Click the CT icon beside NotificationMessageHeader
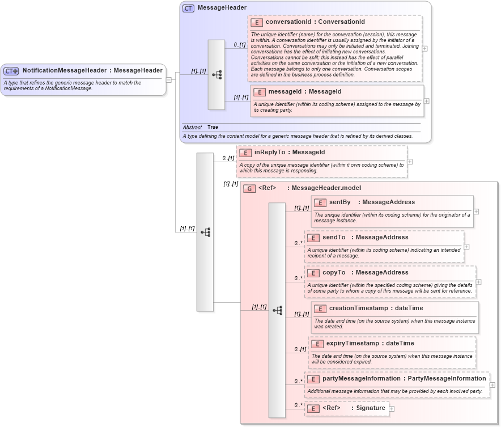coord(11,71)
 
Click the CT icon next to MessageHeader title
coord(188,9)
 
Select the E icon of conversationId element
coord(257,22)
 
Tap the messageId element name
coord(288,91)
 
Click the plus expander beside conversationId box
coord(425,48)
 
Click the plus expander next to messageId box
coord(426,101)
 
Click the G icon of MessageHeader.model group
coord(249,188)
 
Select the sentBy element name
coord(339,202)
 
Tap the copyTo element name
coord(334,273)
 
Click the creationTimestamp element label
coord(360,308)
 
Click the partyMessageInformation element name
coord(361,379)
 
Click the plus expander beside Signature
coord(392,409)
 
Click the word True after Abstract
coord(213,127)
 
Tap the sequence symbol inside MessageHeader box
coord(216,75)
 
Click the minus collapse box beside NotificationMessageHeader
coord(169,79)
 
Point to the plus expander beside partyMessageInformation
coord(492,384)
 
